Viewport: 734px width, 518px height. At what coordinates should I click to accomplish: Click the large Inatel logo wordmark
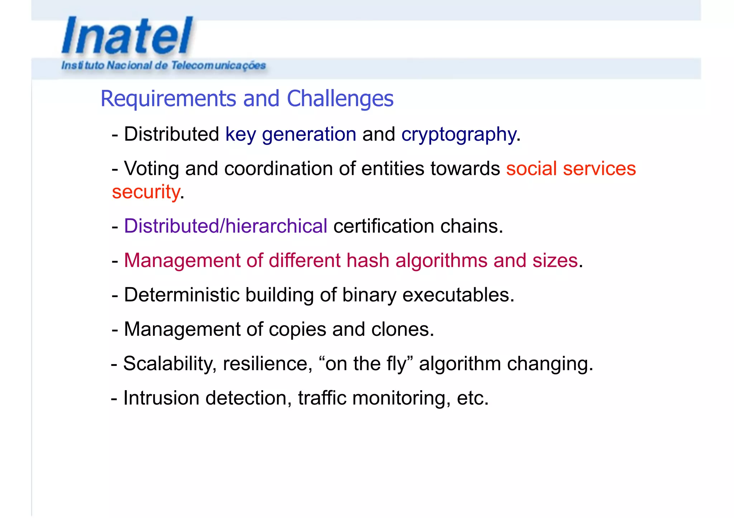point(127,36)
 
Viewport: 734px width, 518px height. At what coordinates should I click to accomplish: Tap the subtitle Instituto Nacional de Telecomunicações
point(163,66)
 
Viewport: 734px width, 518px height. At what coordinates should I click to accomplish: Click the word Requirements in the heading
point(168,99)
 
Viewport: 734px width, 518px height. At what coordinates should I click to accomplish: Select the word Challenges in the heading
point(340,99)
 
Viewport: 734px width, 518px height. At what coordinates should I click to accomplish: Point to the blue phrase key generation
point(291,135)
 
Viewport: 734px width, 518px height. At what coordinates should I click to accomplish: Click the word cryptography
point(458,135)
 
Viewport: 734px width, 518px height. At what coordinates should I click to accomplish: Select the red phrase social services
point(571,169)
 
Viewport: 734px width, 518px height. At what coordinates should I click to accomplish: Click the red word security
point(146,192)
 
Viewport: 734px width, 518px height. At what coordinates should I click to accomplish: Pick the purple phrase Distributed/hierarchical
point(225,226)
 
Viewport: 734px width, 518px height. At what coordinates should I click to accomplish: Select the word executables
point(458,295)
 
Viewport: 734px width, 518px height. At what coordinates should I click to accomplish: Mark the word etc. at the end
point(472,398)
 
